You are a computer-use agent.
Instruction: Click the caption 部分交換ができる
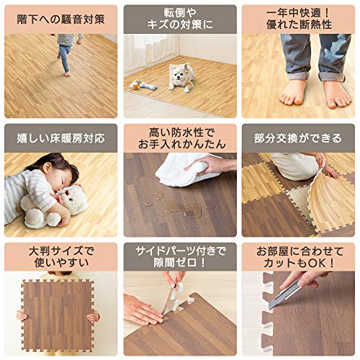(x=299, y=138)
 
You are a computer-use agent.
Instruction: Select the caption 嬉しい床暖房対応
(x=59, y=138)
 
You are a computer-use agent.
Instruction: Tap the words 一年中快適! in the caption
(x=299, y=12)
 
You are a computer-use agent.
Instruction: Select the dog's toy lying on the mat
(x=142, y=84)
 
